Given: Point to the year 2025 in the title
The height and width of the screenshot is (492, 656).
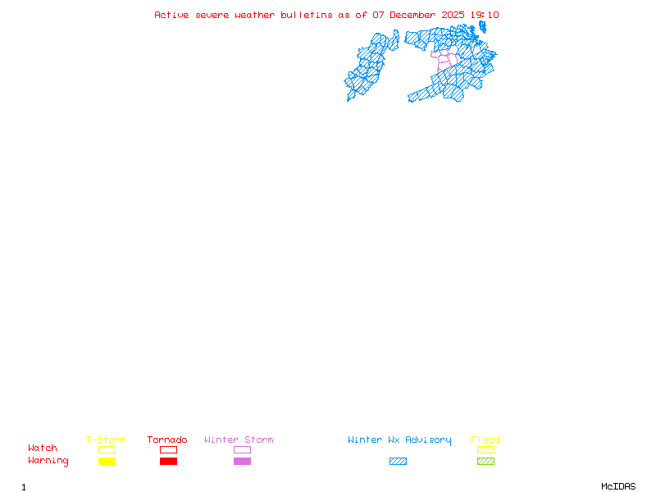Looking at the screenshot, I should point(454,15).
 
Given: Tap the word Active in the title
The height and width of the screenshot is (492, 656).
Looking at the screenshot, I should point(172,15).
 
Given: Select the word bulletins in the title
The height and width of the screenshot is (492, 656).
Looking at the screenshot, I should point(307,15).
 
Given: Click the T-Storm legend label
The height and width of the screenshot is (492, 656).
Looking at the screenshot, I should point(106,440).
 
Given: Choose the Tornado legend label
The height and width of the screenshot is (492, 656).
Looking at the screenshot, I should point(167,440).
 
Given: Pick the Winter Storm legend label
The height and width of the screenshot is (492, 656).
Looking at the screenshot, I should point(239,440).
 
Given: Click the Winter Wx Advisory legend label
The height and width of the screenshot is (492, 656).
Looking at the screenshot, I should point(399,440).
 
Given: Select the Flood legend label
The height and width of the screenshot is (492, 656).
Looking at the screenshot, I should point(485,440).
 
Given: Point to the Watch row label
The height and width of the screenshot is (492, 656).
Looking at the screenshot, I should point(43,449).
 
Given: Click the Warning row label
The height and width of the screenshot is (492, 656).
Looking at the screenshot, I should point(48,461).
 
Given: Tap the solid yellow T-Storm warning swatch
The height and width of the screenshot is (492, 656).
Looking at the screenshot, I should point(107,462).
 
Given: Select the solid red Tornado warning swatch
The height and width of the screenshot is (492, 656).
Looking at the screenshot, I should point(168,462).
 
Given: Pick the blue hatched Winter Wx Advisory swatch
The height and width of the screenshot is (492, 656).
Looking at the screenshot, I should point(398,462).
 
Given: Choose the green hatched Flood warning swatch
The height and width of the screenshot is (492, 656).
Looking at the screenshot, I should point(485,462).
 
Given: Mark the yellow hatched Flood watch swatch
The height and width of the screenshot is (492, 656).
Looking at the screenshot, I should point(485,449).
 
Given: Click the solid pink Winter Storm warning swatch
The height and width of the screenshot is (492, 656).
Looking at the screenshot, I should point(242,462).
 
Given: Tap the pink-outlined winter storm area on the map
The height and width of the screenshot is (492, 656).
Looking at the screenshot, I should point(444,60).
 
